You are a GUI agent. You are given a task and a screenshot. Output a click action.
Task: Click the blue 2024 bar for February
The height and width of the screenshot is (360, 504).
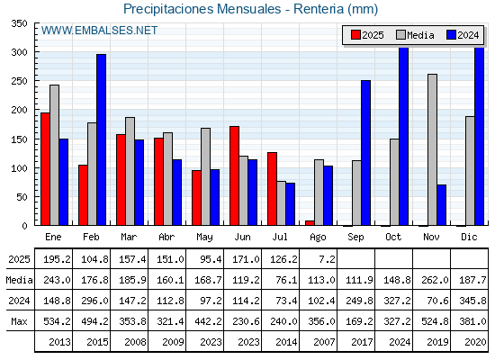(101, 139)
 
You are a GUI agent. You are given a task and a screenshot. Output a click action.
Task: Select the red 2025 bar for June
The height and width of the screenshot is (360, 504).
(234, 175)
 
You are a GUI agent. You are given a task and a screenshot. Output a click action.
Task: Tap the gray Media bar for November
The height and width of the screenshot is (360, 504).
(432, 149)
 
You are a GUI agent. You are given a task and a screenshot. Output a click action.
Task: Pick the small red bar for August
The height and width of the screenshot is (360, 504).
(310, 223)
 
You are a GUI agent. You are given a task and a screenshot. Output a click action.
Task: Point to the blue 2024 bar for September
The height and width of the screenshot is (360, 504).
(365, 153)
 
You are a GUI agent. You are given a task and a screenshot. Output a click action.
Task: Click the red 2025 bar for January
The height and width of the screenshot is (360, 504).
(45, 169)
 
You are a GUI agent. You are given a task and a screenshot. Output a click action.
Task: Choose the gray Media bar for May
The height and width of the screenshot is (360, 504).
(206, 176)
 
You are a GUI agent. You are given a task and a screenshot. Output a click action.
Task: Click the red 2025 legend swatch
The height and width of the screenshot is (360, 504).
(355, 35)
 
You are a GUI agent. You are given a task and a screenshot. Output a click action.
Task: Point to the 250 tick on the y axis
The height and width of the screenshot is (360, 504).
(19, 81)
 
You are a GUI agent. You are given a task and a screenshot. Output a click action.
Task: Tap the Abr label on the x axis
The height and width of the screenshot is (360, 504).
(166, 237)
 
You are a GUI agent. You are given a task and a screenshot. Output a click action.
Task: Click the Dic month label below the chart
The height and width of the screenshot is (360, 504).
(469, 237)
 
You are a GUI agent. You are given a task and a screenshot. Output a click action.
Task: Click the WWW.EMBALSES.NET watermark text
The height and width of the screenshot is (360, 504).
(99, 31)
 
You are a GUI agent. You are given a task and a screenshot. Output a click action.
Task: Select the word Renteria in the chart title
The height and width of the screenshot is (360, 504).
(319, 9)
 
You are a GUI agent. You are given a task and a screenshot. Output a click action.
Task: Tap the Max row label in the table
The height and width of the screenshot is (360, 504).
(19, 321)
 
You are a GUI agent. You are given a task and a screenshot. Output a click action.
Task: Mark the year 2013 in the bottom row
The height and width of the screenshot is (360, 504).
(59, 342)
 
